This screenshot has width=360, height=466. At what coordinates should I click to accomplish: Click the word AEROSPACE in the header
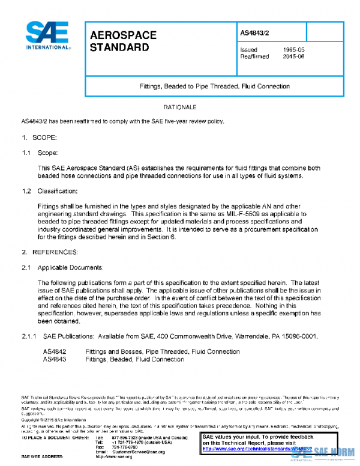pyautogui.click(x=123, y=35)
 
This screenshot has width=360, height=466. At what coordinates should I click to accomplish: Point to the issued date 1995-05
pyautogui.click(x=295, y=49)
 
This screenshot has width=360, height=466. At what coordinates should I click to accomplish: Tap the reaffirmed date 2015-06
pyautogui.click(x=295, y=57)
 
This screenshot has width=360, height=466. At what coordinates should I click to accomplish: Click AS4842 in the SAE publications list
pyautogui.click(x=55, y=351)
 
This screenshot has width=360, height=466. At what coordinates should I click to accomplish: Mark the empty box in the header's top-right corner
pyautogui.click(x=324, y=31)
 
